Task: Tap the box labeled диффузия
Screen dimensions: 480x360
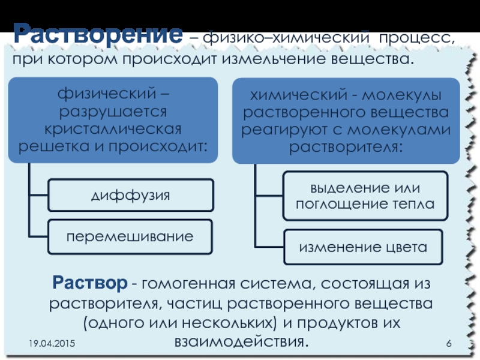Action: pyautogui.click(x=130, y=195)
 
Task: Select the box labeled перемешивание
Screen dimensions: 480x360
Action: pyautogui.click(x=130, y=236)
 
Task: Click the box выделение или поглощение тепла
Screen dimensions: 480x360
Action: pyautogui.click(x=365, y=195)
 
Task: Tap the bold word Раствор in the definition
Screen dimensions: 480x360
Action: pyautogui.click(x=89, y=282)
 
